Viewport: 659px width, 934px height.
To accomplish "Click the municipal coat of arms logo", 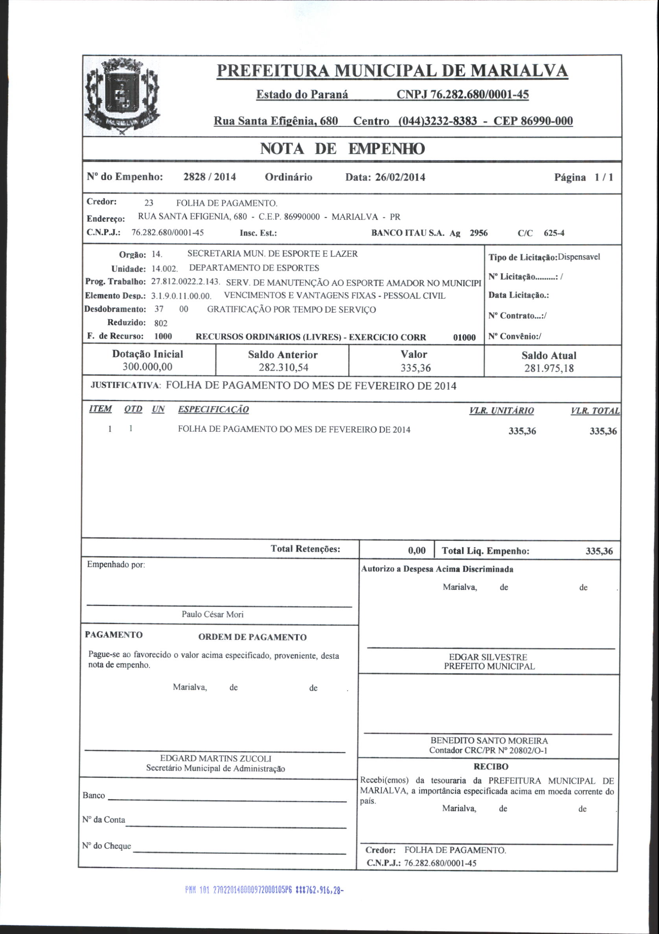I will (122, 96).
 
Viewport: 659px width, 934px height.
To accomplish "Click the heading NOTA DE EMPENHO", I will (342, 149).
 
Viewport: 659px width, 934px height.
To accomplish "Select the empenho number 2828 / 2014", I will (210, 177).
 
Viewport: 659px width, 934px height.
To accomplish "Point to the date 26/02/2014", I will (400, 177).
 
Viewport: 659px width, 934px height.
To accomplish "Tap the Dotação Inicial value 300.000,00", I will (148, 367).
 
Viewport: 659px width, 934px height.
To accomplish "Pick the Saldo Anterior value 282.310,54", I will (283, 368).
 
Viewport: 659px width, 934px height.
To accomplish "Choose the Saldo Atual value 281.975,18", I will (549, 368).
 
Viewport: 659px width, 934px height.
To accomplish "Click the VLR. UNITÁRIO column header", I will (501, 411).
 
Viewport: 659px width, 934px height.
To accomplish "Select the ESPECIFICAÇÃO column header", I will (213, 410).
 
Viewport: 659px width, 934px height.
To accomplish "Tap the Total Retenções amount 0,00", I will (416, 551).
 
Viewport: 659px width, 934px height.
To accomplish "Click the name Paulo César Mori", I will (212, 614).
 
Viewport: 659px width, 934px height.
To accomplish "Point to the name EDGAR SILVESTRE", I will (488, 657).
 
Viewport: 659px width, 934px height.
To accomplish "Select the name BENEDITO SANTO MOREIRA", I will (489, 741).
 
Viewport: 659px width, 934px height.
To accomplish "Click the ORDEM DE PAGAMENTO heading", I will (252, 637).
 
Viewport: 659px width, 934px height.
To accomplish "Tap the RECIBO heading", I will (491, 767).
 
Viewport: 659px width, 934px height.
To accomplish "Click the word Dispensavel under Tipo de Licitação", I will (579, 257).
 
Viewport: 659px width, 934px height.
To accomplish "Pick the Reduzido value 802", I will (161, 323).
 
